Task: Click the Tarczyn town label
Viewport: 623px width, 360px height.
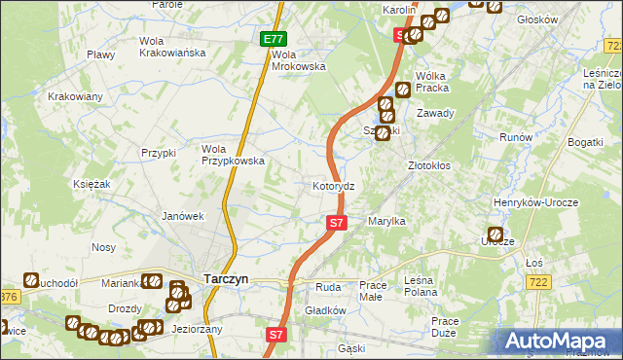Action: point(226,278)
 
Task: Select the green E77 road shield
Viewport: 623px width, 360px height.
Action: point(274,40)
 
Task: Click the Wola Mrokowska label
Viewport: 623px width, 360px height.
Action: point(298,60)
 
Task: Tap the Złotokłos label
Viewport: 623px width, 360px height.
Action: point(428,165)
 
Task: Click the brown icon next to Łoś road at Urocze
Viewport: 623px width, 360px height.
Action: point(495,236)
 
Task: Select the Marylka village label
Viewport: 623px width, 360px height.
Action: point(386,222)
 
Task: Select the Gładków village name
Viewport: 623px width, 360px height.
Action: point(326,310)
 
